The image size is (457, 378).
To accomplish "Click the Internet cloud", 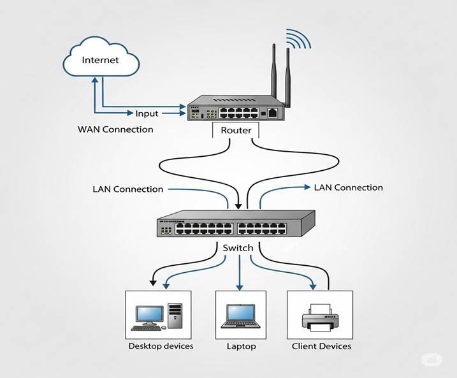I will [101, 61].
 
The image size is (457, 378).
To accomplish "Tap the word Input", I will [147, 113].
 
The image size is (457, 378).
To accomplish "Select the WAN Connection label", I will [115, 129].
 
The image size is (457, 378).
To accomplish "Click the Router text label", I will [236, 131].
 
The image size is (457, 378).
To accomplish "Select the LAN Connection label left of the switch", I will [127, 189].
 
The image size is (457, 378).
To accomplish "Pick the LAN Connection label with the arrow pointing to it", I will [348, 187].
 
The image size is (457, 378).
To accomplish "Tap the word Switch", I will [238, 247].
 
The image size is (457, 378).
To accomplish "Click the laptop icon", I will [241, 316].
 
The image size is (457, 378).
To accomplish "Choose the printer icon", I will [321, 317].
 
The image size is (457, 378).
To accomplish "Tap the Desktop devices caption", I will [161, 346].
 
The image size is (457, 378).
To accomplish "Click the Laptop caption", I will [241, 346].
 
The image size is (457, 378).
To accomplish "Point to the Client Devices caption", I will [321, 346].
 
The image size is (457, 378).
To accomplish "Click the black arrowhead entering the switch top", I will [238, 205].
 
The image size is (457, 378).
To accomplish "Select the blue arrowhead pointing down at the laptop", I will [240, 287].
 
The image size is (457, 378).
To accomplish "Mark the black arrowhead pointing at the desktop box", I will [153, 281].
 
